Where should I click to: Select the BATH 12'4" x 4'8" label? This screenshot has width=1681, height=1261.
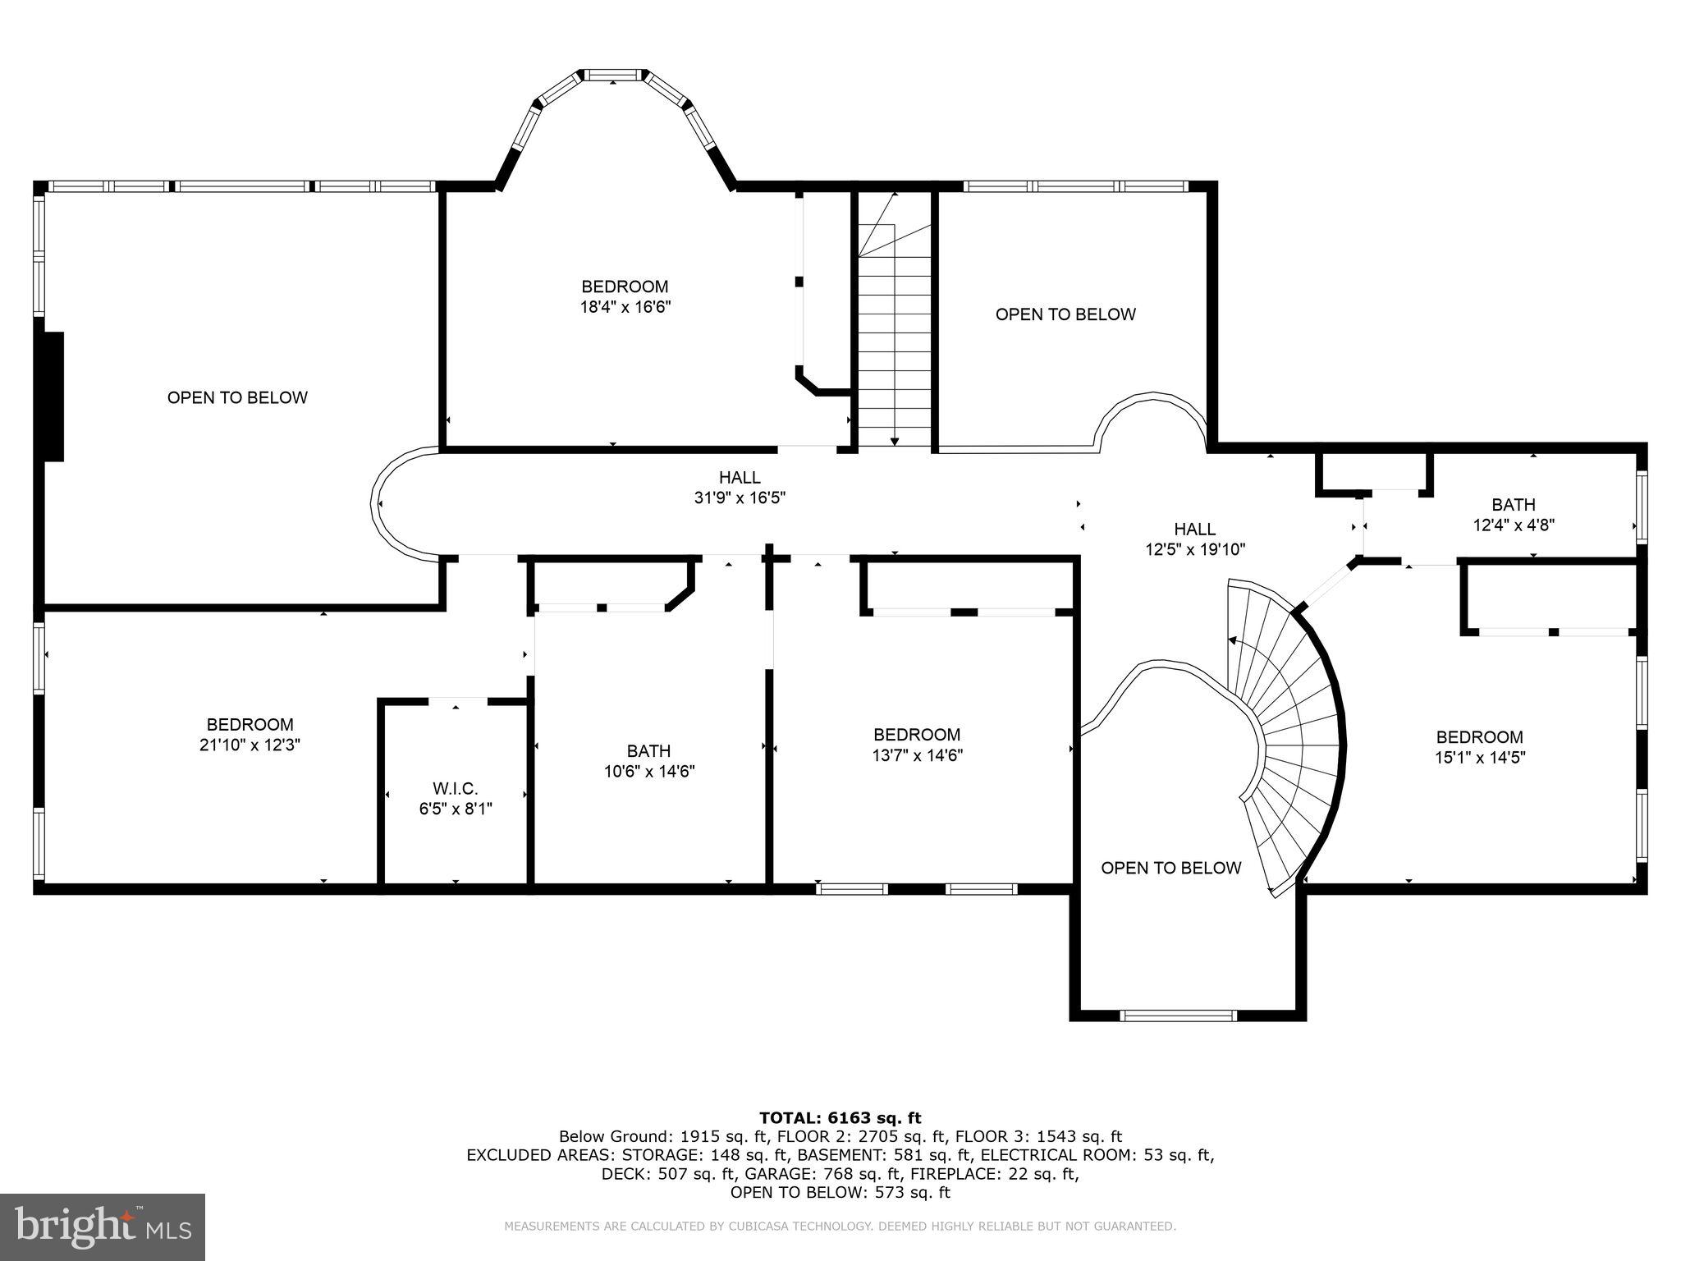point(1513,515)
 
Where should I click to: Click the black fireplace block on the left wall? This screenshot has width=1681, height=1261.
point(53,397)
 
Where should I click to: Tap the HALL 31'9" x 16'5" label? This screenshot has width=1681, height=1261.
point(740,487)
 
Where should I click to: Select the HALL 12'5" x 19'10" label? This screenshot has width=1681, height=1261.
point(1194,539)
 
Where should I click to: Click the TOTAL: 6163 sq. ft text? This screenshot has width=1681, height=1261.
point(840,1117)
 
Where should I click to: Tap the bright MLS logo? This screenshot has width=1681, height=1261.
point(103,1227)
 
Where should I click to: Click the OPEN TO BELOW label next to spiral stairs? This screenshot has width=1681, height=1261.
point(1170,868)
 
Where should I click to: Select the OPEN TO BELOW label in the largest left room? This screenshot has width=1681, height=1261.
point(237,397)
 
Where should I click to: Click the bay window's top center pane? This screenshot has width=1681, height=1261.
point(614,76)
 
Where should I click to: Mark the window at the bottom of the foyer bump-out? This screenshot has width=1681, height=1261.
point(1178,1016)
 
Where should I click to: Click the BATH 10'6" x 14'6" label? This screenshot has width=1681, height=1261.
point(648,761)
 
